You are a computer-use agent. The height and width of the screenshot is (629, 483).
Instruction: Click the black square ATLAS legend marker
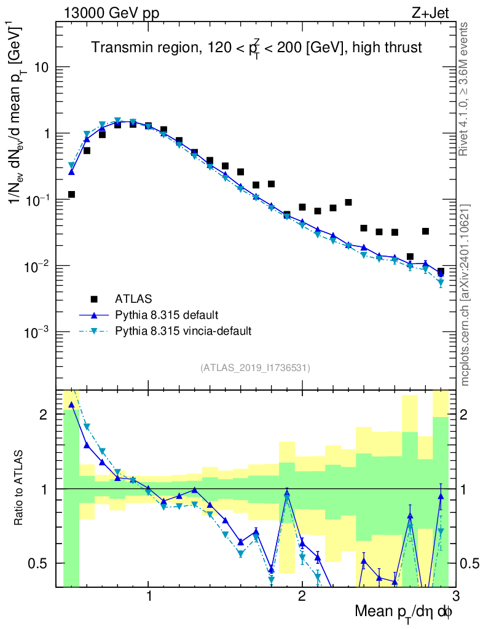[x=94, y=299]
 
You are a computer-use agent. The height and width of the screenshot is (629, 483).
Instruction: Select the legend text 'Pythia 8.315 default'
[x=166, y=315]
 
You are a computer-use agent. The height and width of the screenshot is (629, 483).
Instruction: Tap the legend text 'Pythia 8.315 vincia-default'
[x=183, y=331]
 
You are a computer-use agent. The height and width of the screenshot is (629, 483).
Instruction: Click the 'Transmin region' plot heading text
[x=256, y=48]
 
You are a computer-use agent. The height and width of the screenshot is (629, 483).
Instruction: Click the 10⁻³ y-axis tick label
[x=37, y=332]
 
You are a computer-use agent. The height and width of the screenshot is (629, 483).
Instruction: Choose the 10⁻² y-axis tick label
[x=37, y=266]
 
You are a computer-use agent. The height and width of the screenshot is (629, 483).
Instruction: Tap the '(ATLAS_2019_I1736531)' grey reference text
[x=255, y=368]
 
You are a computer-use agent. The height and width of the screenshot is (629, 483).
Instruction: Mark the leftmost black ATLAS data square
[x=71, y=195]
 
